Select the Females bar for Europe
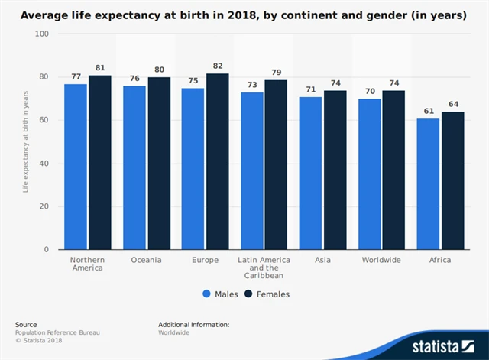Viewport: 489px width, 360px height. [217, 161]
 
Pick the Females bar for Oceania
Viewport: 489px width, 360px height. [158, 164]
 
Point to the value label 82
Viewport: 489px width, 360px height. [217, 66]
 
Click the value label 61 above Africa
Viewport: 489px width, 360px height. [428, 112]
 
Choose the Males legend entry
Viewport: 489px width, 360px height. [221, 294]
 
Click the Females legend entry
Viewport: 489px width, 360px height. [267, 294]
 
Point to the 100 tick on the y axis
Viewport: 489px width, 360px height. [41, 34]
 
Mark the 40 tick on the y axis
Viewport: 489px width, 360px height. [44, 164]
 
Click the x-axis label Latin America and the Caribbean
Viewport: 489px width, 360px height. [264, 268]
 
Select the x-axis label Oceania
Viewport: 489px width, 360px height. [147, 260]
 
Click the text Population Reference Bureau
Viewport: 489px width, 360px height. [57, 333]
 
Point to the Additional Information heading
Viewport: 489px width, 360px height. [193, 325]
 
